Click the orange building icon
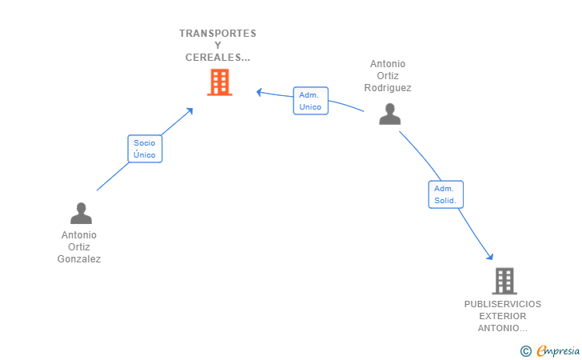pos(220,82)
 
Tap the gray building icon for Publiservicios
pos(504,281)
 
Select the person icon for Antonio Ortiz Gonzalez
pos(81,213)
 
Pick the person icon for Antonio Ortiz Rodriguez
pos(390,114)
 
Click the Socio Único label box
pos(145,149)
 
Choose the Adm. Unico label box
pos(311,101)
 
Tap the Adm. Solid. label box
pos(446,194)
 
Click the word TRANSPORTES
pos(218,34)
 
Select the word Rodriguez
pos(388,88)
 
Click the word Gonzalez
pos(78,259)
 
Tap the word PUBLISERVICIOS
pos(503,304)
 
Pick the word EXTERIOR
pos(503,316)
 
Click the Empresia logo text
pos(558,350)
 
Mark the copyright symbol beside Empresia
pos(526,351)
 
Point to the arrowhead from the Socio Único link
pos(190,110)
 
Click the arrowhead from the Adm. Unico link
pos(260,92)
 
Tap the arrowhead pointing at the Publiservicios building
pos(490,257)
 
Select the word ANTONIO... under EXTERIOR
pos(503,329)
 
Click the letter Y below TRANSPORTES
pos(218,46)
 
